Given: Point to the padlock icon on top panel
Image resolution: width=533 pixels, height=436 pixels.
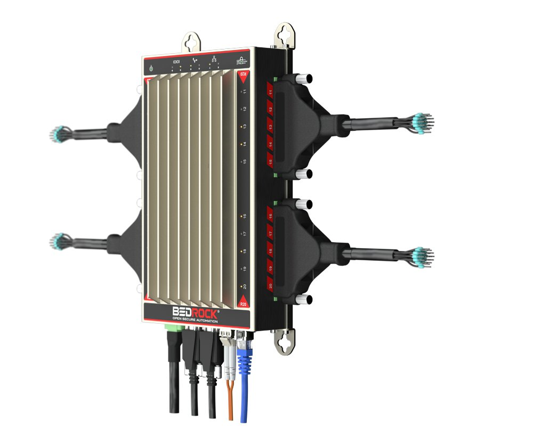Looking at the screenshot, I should (240, 62).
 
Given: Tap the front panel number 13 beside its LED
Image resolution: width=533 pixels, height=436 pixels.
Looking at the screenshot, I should (244, 126).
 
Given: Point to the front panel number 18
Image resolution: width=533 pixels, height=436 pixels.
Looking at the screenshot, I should (244, 251).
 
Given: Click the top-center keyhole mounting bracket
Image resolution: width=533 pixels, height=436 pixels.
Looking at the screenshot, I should (192, 42).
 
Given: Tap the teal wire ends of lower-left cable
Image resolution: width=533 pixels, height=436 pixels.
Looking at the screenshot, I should (59, 242).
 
